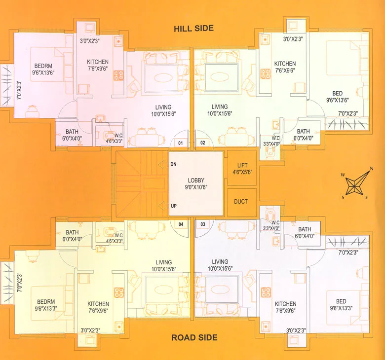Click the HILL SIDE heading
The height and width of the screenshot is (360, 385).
click(x=193, y=28)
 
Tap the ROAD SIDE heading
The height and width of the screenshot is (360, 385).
click(x=194, y=338)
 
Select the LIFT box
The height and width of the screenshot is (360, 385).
click(x=242, y=169)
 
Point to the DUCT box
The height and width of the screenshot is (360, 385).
click(x=242, y=201)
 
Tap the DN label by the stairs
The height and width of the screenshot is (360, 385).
click(x=173, y=164)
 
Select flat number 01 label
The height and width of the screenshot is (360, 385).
click(x=181, y=144)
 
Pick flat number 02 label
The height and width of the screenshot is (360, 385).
click(x=202, y=144)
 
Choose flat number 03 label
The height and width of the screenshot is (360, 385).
click(x=202, y=224)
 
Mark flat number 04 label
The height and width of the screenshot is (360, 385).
click(x=181, y=224)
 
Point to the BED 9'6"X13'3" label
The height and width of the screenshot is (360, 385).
click(x=341, y=305)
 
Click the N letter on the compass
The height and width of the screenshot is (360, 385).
click(x=371, y=169)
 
